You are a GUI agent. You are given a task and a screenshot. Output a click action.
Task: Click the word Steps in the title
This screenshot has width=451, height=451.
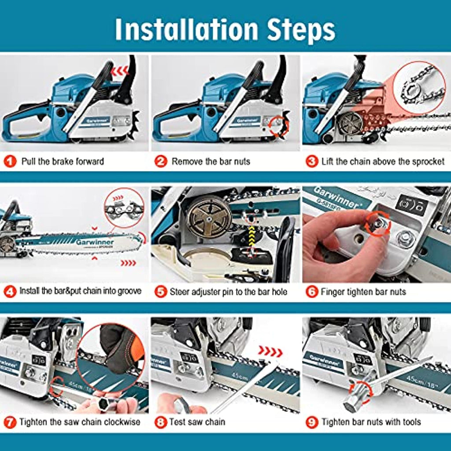[301, 30]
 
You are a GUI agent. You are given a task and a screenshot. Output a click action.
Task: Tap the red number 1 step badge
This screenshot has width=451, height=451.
[10, 161]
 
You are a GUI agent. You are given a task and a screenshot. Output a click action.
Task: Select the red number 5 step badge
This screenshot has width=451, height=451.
[160, 292]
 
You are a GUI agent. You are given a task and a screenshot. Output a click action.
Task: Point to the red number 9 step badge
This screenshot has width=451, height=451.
[312, 422]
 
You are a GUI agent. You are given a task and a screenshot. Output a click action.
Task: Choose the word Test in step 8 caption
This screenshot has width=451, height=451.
[177, 421]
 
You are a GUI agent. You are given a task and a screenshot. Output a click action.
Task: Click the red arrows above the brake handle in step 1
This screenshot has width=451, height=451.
[119, 71]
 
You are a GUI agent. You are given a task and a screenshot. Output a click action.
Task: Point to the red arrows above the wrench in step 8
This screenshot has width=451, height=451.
[270, 351]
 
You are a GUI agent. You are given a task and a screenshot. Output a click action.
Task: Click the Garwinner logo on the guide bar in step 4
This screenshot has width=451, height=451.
[95, 242]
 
